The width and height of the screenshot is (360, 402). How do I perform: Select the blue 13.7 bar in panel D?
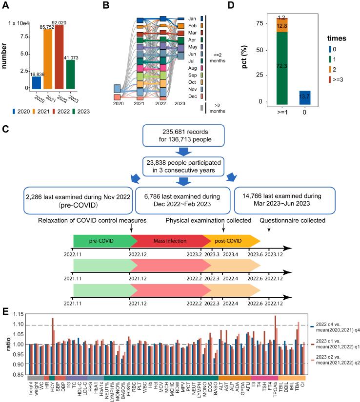point(304,97)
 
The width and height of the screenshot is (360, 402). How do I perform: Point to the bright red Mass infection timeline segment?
point(166,241)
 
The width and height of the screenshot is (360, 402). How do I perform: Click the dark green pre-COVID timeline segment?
point(101,241)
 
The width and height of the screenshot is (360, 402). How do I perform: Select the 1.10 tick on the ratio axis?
point(19,325)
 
